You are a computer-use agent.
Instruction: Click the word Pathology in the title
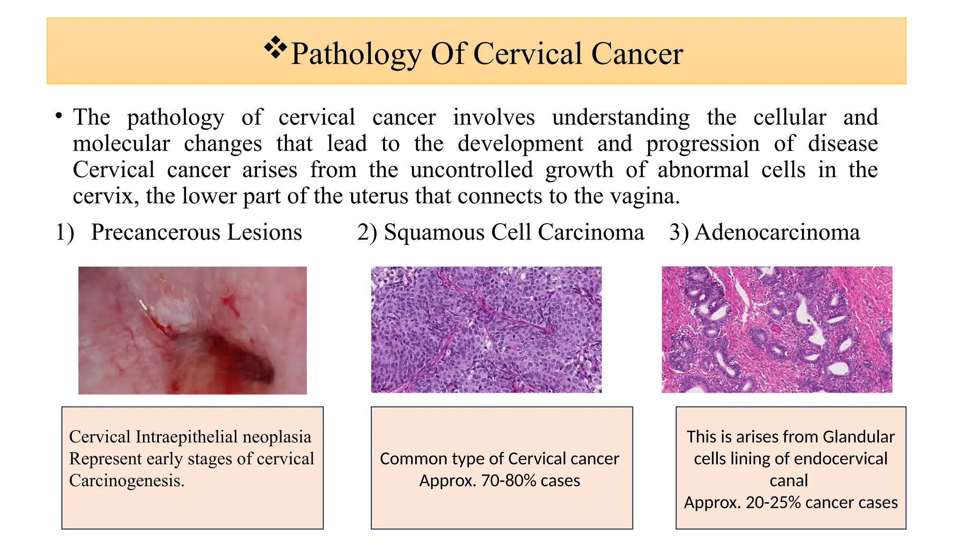tap(356, 54)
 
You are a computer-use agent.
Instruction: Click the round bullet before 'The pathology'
tap(58, 116)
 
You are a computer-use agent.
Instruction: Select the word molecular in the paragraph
tap(121, 144)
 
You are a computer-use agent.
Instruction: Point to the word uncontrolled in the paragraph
tap(471, 170)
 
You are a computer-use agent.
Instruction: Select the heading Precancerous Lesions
tap(196, 232)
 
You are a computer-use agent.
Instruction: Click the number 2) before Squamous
tap(367, 233)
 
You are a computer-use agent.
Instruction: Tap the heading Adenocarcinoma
tap(777, 233)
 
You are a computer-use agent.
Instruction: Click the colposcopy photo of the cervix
tap(192, 330)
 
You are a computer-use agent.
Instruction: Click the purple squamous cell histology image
tap(486, 329)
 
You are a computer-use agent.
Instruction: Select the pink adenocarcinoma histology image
tap(777, 329)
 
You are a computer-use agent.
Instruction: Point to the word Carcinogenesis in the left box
tap(126, 481)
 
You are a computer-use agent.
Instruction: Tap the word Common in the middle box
tap(405, 459)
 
